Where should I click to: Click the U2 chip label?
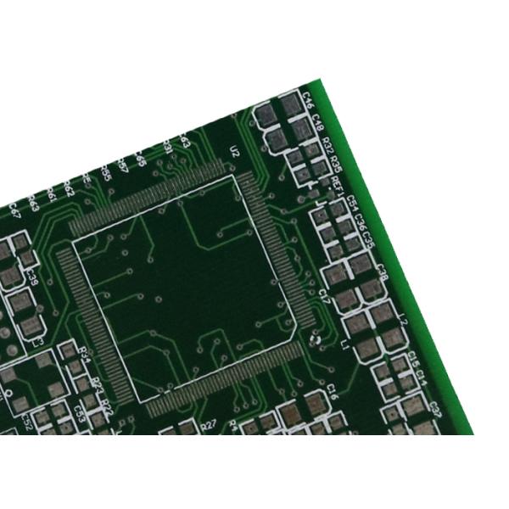tap(235, 152)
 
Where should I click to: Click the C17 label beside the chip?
tap(324, 296)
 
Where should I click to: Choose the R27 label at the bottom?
tap(210, 425)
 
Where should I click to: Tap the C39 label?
tap(32, 276)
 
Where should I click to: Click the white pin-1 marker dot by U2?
tap(313, 342)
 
